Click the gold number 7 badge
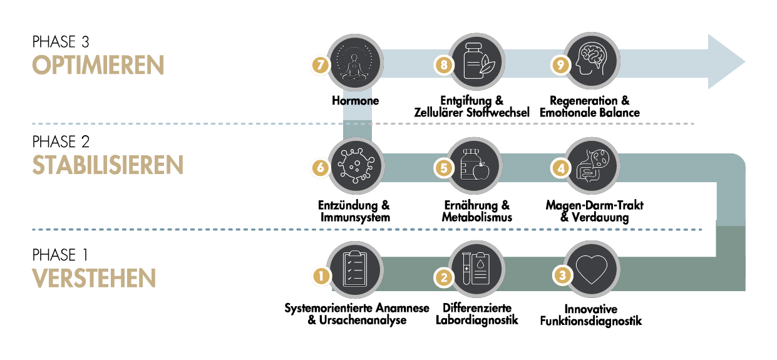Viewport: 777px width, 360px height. click(320, 64)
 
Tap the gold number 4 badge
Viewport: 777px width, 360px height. click(560, 168)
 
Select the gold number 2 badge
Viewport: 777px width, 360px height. click(444, 277)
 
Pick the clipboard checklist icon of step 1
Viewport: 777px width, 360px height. click(356, 270)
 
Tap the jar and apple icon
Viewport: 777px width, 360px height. click(474, 166)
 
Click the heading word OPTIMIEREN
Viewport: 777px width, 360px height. click(98, 65)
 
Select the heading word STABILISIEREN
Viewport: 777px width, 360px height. click(107, 166)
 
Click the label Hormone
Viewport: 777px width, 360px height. click(356, 101)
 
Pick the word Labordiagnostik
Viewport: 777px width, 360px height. click(477, 321)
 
